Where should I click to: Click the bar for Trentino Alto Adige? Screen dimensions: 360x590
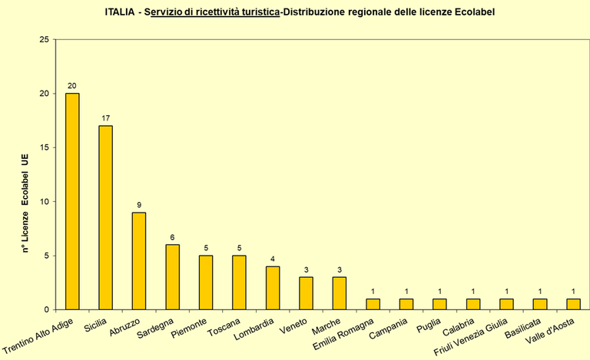[x=72, y=201]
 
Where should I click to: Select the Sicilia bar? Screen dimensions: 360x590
[x=105, y=217]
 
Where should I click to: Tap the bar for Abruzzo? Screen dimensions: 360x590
[x=138, y=261]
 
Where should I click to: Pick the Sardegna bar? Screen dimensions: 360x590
[x=172, y=277]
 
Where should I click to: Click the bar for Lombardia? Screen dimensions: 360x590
[x=273, y=288]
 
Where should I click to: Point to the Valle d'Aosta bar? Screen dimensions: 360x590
[x=573, y=304]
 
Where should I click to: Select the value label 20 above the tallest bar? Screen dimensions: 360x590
[x=72, y=86]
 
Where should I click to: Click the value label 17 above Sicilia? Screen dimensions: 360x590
[x=105, y=118]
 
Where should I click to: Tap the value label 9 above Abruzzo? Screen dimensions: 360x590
[x=138, y=205]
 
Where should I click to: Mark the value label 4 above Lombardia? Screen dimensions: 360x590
[x=273, y=259]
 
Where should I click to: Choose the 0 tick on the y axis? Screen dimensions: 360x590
[x=45, y=309]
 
